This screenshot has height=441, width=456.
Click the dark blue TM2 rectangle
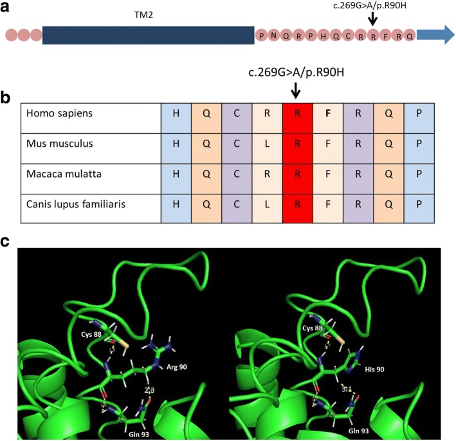tap(148, 35)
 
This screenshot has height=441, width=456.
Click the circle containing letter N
tap(274, 35)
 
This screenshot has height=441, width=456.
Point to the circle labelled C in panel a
tap(348, 35)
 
